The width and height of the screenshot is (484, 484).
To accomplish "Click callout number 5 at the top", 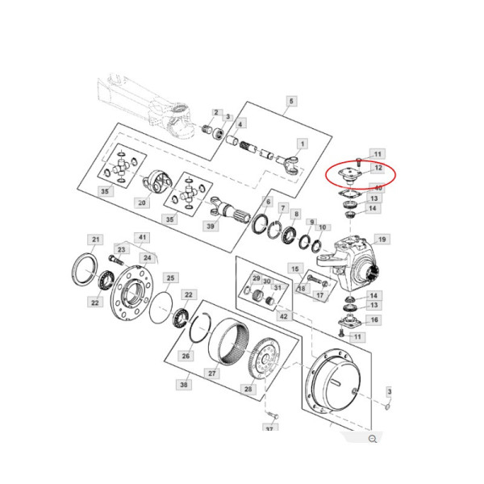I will tap(291, 101).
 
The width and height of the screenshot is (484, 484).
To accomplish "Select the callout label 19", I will tap(382, 239).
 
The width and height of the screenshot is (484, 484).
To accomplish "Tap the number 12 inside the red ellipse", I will tap(378, 168).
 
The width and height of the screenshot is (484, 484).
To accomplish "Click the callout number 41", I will tap(143, 237).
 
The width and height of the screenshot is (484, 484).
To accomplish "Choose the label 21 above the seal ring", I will tap(95, 240).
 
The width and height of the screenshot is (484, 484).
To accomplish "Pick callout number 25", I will tap(170, 277).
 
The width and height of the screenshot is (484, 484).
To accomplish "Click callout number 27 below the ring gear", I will tap(214, 373).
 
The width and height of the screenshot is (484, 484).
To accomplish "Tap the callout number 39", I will tap(212, 227).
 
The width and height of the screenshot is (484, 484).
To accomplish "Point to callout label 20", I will tap(143, 202).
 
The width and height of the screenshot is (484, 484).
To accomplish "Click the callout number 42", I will tap(283, 315).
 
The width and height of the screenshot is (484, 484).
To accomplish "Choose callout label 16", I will tap(373, 320).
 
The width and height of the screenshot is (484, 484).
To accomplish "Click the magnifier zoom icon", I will tap(373, 438).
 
